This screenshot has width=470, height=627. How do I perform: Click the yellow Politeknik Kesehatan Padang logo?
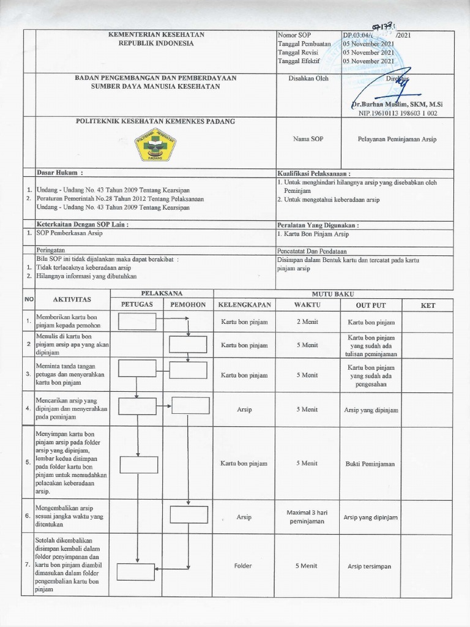155,147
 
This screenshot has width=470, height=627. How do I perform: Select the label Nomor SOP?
294,36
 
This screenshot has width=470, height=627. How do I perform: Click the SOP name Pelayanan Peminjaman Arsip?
397,140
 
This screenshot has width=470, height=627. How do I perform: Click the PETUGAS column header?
137,304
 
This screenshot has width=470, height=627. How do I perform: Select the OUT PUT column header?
371,305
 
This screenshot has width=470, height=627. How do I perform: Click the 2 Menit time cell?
307,321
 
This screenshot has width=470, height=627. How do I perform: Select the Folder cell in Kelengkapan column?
243,566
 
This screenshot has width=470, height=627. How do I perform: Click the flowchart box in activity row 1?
137,321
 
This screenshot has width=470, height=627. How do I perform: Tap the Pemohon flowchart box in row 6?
188,514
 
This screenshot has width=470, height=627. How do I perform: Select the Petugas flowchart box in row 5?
139,465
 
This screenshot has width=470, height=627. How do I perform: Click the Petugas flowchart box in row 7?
137,570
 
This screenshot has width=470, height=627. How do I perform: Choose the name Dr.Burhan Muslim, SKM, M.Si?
398,105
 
